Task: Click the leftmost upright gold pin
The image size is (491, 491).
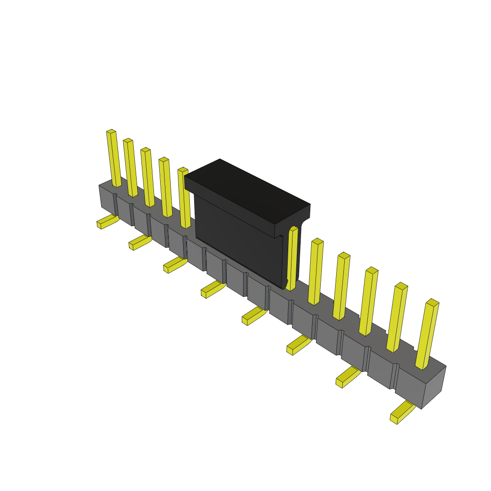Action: coord(114,158)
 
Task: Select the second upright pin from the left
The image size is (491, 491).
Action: coord(130,168)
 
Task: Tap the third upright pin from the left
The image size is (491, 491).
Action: coord(148,177)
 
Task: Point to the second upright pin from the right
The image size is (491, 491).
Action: coord(397,317)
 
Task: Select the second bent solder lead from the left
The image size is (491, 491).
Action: coord(140,242)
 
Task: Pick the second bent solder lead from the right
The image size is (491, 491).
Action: coord(348,377)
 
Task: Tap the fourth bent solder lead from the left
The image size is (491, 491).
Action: coord(212,289)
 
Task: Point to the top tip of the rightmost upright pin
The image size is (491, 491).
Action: coord(433,303)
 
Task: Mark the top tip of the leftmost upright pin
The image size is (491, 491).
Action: coord(111,131)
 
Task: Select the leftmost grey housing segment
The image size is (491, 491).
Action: coord(107,199)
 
